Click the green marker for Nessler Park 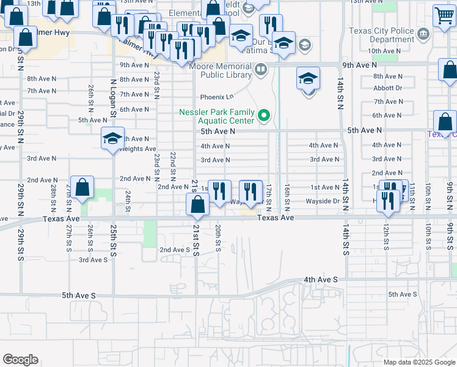tap(264, 115)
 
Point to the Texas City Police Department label tap(381, 35)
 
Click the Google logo tap(20, 360)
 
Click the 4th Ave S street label tap(321, 280)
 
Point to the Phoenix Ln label tap(218, 97)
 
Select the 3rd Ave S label tap(93, 259)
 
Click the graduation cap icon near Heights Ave tap(113, 138)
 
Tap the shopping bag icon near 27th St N tap(81, 187)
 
